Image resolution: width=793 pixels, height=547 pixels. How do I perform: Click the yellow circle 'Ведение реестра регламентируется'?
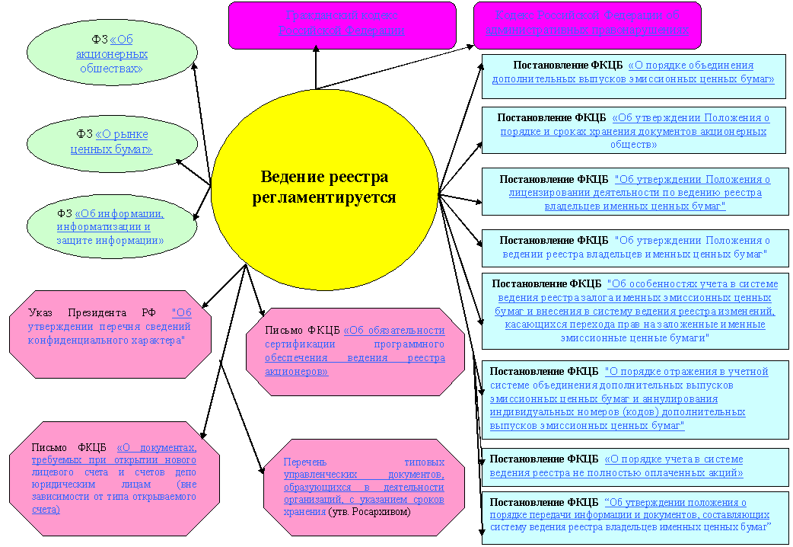point(325,187)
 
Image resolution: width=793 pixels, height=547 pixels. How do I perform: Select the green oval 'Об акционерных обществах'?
point(111,54)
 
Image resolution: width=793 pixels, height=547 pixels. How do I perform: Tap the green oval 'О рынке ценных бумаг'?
point(111,142)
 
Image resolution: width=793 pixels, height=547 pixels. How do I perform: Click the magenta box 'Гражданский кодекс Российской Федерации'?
point(342,24)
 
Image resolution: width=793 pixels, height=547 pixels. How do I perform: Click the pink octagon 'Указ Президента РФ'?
point(110,333)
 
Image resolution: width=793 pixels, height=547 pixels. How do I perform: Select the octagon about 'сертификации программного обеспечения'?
point(355,351)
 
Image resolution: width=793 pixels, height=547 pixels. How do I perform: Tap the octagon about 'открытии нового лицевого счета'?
point(114,478)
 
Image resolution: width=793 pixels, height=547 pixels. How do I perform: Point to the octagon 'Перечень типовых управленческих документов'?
point(364,488)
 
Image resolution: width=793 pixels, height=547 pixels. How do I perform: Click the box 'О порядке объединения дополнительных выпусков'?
point(633,75)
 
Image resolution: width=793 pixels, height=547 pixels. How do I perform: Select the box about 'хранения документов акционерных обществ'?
point(633,131)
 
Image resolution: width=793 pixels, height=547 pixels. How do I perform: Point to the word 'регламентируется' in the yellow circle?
point(325,197)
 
